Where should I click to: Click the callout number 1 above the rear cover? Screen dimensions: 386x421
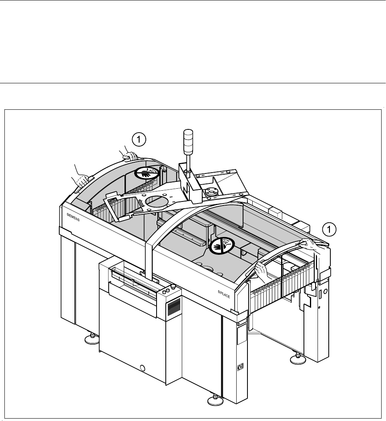click(x=139, y=139)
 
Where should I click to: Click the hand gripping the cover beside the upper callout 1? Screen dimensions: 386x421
click(x=131, y=156)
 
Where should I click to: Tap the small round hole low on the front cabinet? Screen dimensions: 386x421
click(x=143, y=367)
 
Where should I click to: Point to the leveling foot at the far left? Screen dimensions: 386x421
click(x=90, y=340)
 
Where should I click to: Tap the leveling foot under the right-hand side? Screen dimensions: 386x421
click(x=297, y=358)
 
